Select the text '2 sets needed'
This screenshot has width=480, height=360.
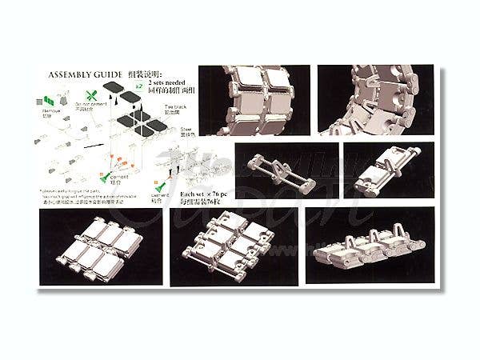[x=170, y=84]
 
